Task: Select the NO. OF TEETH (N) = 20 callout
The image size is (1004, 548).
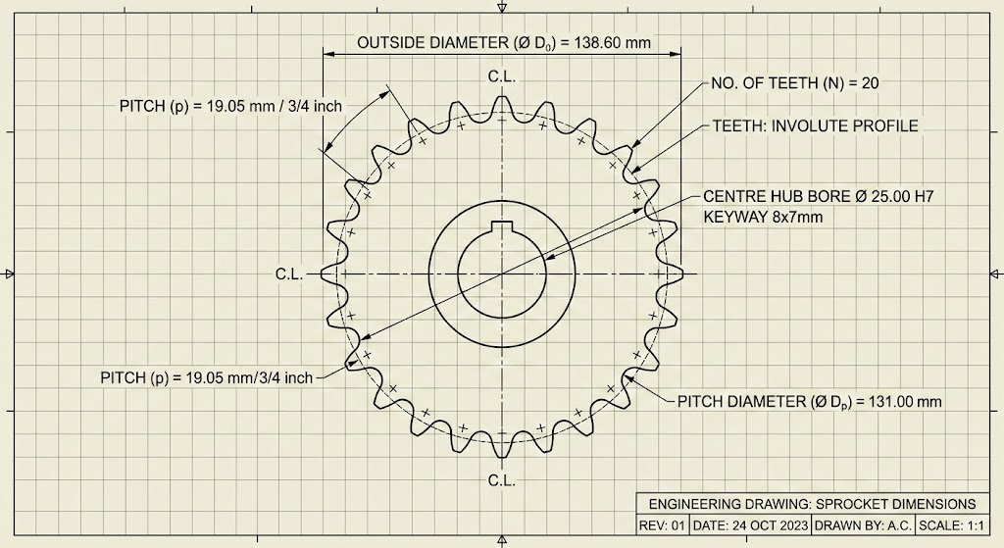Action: click(x=793, y=83)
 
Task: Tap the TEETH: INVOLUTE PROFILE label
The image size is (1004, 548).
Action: click(x=815, y=126)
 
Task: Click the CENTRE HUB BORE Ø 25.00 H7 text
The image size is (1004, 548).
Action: click(x=819, y=197)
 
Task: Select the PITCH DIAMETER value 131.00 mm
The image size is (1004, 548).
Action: click(x=897, y=402)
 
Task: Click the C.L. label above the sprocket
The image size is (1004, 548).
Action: click(x=501, y=75)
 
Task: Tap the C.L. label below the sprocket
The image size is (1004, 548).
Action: click(x=501, y=480)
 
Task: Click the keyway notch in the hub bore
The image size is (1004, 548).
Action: click(x=501, y=230)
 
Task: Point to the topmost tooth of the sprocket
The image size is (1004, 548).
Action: click(x=502, y=104)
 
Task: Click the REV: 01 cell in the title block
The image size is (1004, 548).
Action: click(x=663, y=525)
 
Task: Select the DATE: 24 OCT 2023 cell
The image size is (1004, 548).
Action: click(x=751, y=525)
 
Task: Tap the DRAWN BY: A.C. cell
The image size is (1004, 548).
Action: click(x=863, y=525)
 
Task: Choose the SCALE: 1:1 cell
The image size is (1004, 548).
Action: click(x=951, y=525)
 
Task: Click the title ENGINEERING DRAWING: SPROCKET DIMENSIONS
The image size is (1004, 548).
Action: click(x=812, y=504)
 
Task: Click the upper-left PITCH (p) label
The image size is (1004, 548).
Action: click(x=230, y=106)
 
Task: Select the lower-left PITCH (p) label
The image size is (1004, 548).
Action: click(x=207, y=377)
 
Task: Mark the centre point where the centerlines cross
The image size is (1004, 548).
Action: click(x=501, y=274)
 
